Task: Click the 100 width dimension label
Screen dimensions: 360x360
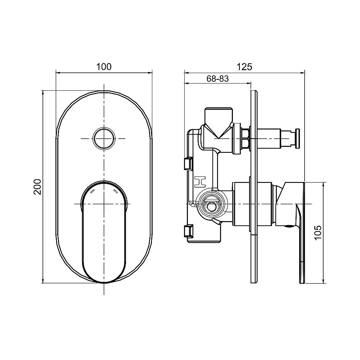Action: pos(104,67)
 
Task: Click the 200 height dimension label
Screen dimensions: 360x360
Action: pos(37,186)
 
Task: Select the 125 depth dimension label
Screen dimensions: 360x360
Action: pos(245,67)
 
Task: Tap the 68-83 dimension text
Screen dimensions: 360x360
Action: pos(217,79)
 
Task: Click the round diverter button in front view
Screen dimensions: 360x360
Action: pos(104,138)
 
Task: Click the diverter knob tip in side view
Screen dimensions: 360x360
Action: pos(298,138)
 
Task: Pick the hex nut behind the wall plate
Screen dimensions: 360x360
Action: pos(246,138)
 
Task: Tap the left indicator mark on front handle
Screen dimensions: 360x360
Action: pos(92,192)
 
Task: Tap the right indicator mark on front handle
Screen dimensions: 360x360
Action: pos(116,192)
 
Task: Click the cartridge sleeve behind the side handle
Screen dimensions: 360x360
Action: pos(259,204)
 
